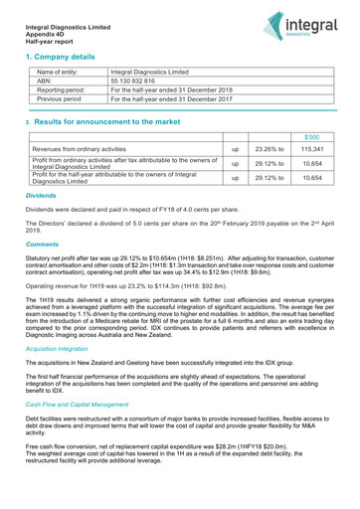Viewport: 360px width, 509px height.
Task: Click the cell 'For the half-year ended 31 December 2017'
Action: pos(173,100)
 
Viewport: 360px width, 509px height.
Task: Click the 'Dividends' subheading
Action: pos(42,197)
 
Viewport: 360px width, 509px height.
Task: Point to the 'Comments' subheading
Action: pos(43,244)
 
